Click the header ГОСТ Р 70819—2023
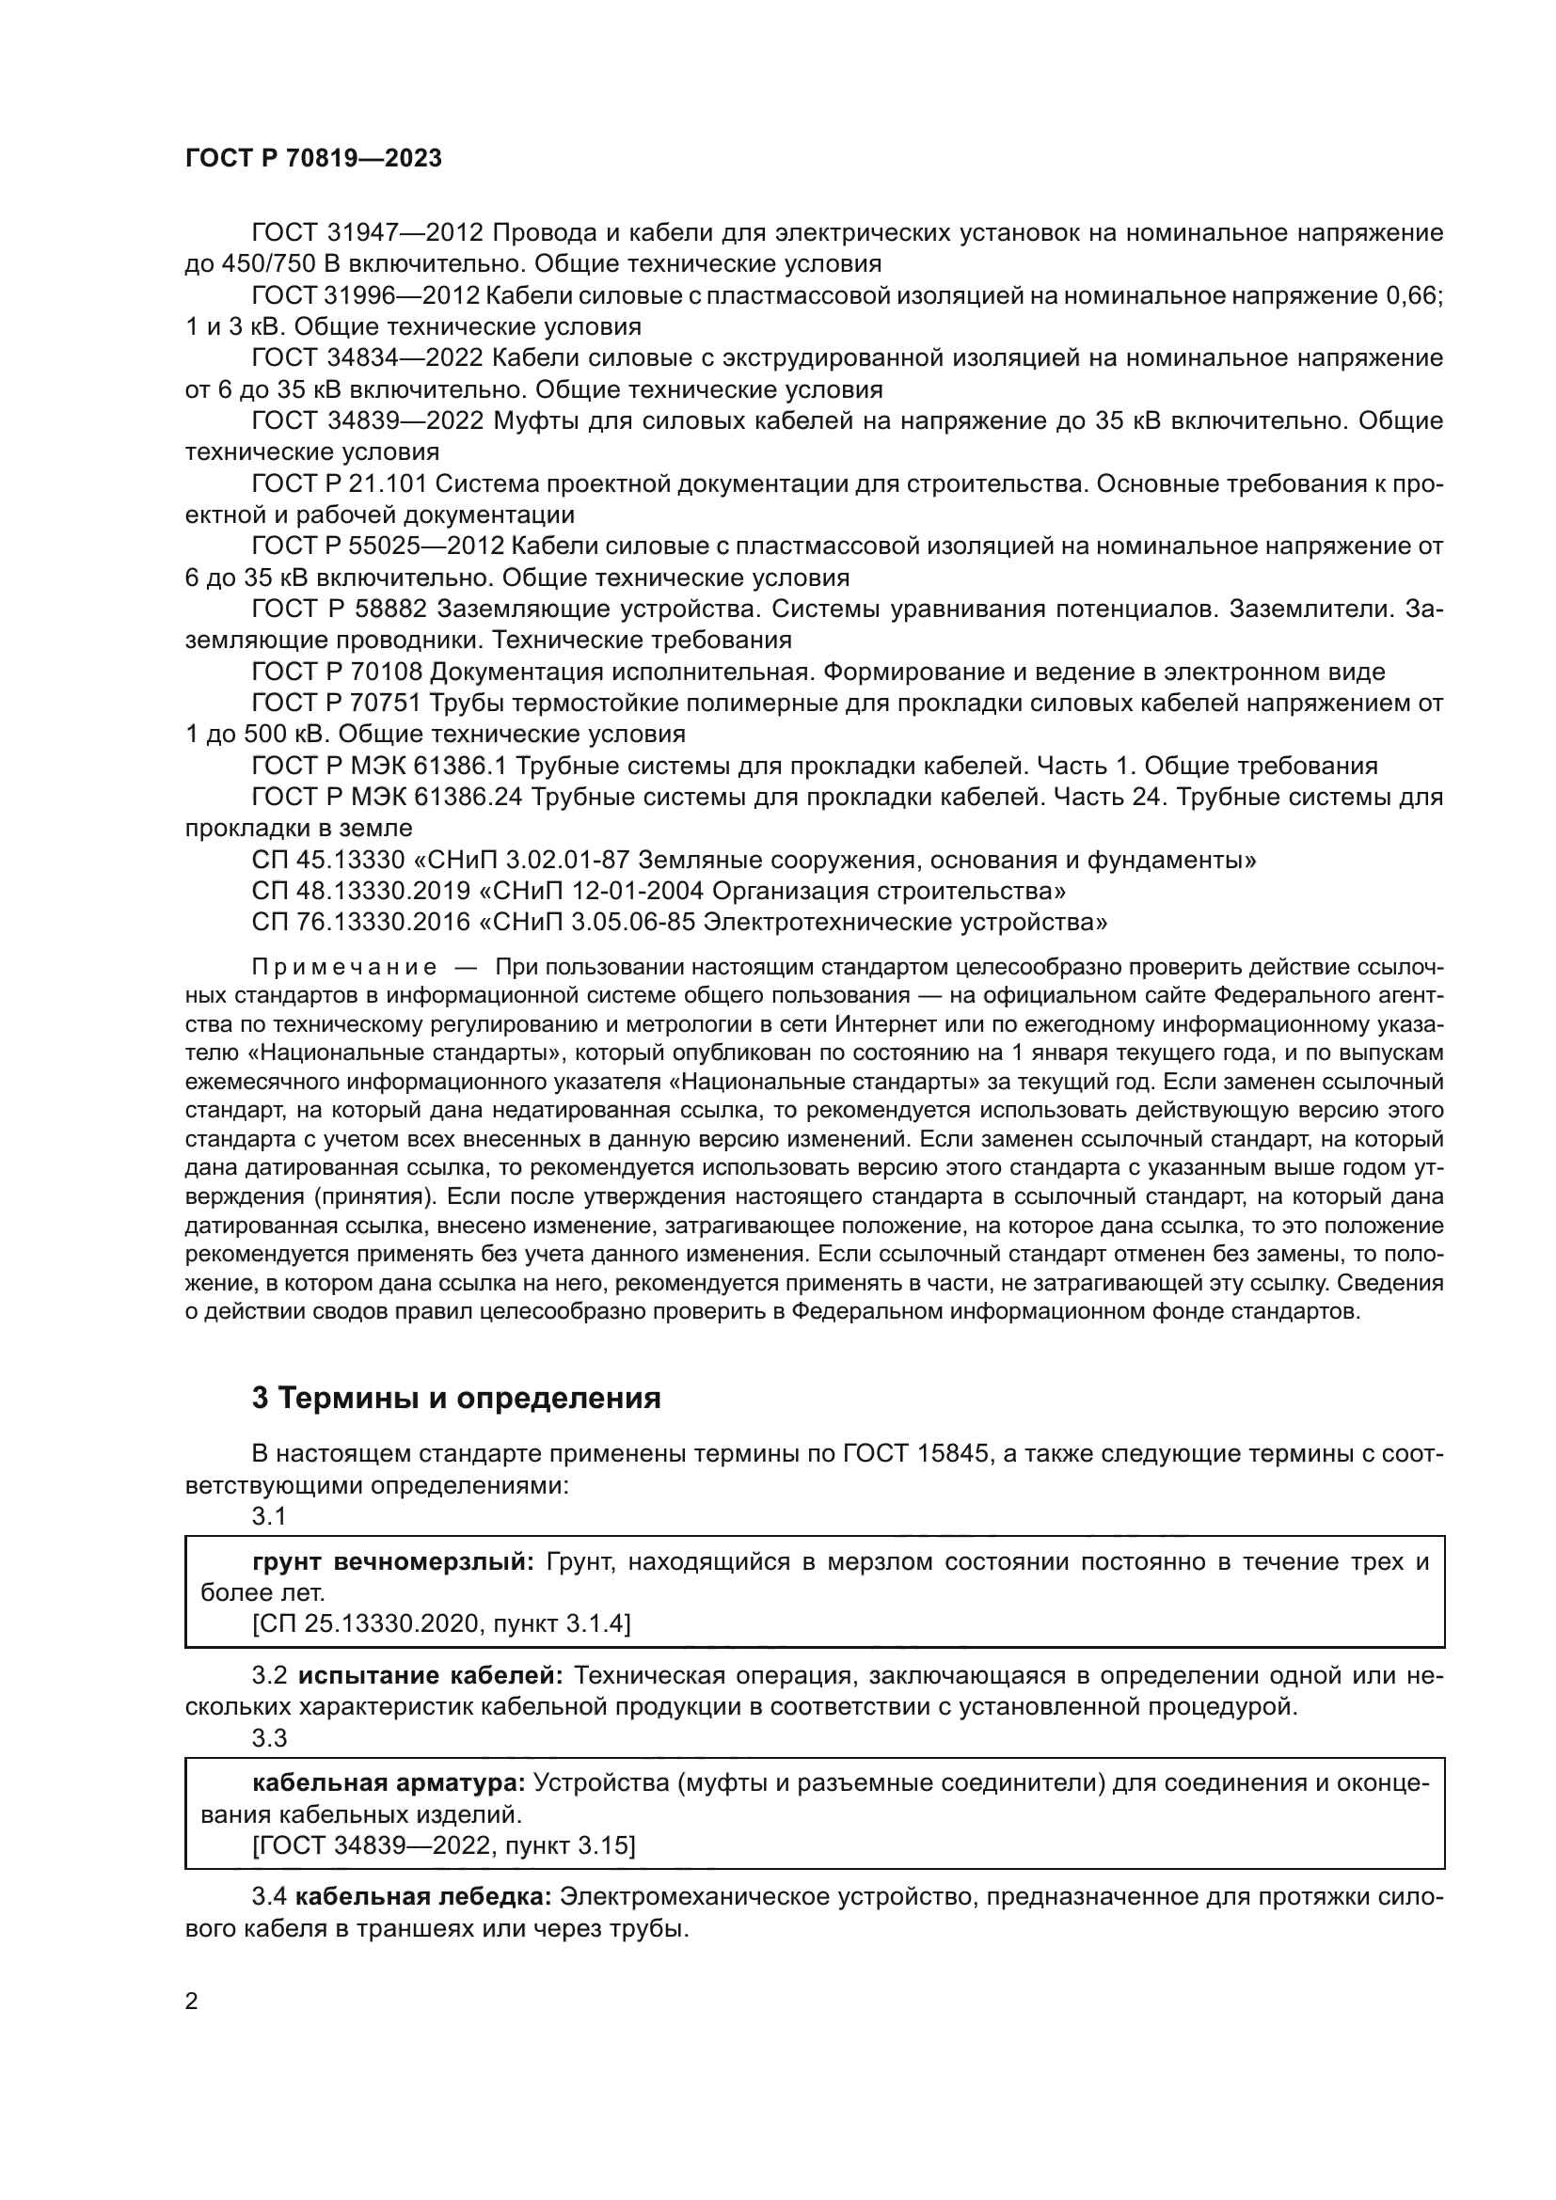pos(313,158)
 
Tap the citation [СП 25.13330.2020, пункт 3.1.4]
pos(440,1624)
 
